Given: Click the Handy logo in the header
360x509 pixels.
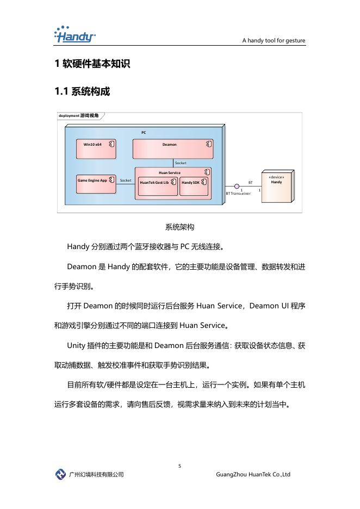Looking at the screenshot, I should click(75, 35).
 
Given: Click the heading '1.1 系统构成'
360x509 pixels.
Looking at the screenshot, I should click(82, 92).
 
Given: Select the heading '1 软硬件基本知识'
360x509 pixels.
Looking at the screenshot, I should click(92, 64).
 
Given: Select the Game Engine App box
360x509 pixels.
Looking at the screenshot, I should click(96, 180).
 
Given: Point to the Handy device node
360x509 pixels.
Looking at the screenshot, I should click(276, 184).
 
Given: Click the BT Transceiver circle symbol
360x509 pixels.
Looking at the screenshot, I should click(237, 186).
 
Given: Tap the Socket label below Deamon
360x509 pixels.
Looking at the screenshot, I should click(181, 163).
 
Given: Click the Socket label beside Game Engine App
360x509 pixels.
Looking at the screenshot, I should click(126, 180).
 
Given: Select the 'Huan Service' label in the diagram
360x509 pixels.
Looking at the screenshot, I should click(169, 172).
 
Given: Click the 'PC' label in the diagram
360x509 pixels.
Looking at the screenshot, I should click(144, 132).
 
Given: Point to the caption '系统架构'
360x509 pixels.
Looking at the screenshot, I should click(179, 227).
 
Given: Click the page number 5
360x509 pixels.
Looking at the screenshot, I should click(179, 466).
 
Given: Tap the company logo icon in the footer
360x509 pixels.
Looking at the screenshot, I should click(60, 474).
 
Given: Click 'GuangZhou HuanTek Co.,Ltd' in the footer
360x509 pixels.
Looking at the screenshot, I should click(253, 475).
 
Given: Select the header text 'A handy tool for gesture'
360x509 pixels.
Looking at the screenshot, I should click(274, 41).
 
